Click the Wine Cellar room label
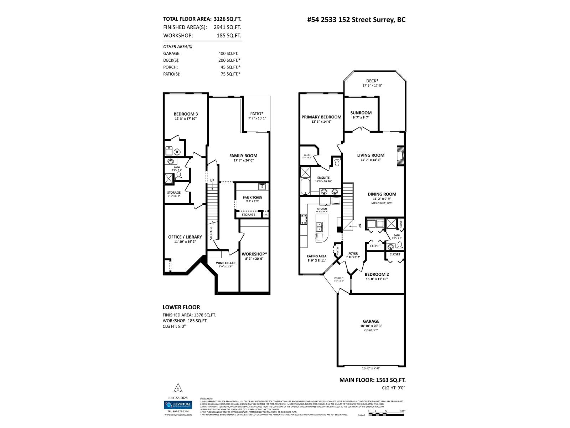226,263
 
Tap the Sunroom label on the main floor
361,113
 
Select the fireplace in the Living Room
401,156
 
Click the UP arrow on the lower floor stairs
212,180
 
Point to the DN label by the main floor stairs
359,226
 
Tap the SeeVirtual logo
178,405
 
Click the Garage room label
371,321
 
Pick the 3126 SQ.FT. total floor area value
227,19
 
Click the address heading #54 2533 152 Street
356,20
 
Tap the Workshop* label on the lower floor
254,254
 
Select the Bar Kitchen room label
252,197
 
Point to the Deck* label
372,81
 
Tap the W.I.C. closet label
307,155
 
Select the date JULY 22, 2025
178,398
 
